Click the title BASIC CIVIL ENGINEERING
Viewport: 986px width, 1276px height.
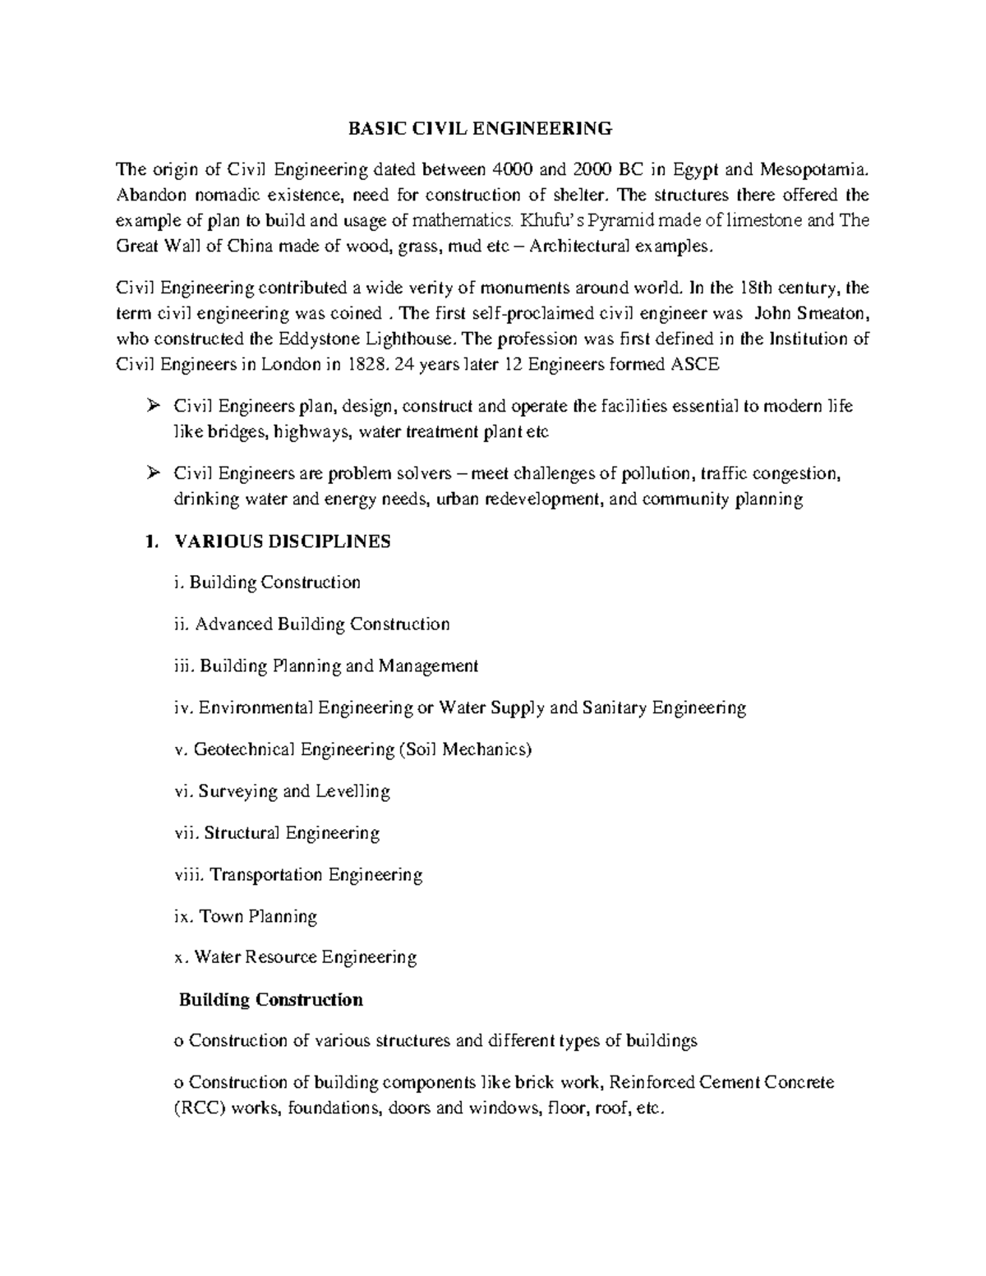pos(480,128)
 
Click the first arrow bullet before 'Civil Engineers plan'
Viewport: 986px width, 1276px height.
pos(152,406)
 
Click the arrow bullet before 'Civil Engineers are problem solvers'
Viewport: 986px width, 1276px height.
pos(152,473)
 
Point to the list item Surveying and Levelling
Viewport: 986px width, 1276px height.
pos(283,791)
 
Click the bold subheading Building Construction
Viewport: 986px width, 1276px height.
pos(271,1000)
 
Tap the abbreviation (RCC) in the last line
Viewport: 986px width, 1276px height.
pos(200,1108)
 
